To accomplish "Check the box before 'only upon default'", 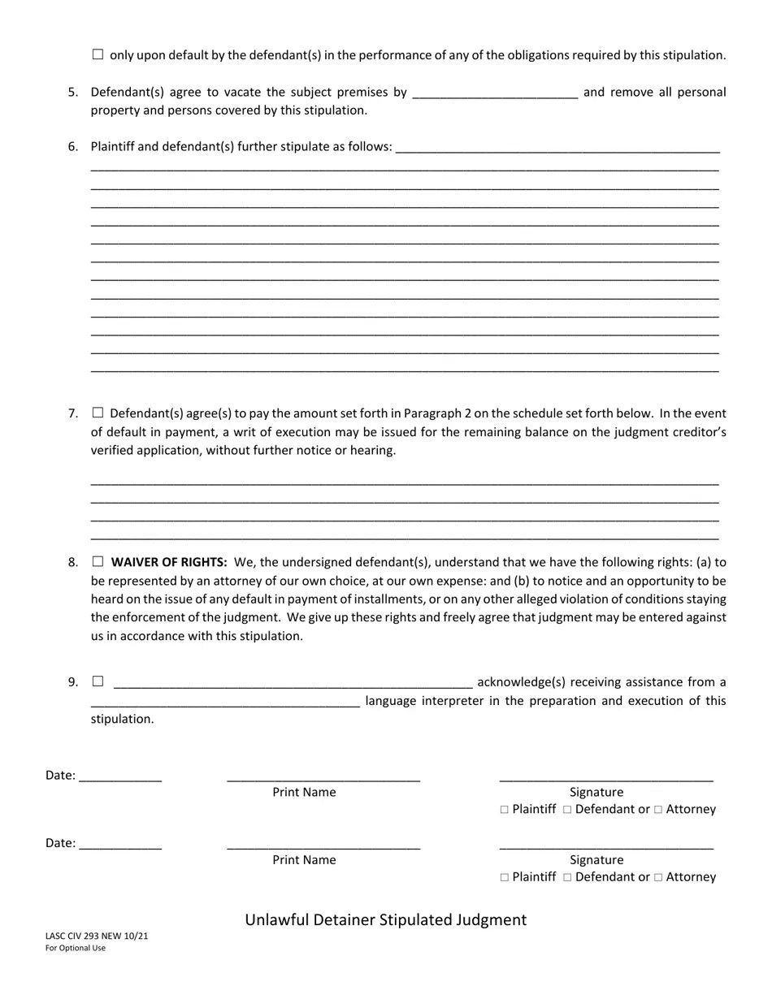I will click(98, 54).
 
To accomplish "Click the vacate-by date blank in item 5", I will click(495, 93).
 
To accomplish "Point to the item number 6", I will click(73, 147).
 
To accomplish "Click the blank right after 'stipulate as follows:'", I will click(557, 149).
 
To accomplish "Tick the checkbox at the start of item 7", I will click(98, 413).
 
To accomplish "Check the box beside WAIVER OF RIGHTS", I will click(98, 561).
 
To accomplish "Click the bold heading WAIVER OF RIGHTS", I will click(169, 562).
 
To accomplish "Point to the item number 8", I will click(73, 562).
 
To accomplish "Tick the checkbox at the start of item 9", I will click(98, 681).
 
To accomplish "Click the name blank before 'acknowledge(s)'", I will click(293, 683).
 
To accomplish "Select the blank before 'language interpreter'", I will click(225, 702).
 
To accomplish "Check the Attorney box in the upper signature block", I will click(658, 810).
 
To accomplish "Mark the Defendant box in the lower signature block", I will click(567, 877).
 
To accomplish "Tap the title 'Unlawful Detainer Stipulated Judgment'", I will click(386, 920).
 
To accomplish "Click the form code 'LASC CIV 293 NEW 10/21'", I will click(97, 936).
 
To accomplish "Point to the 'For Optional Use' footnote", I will click(76, 948).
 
